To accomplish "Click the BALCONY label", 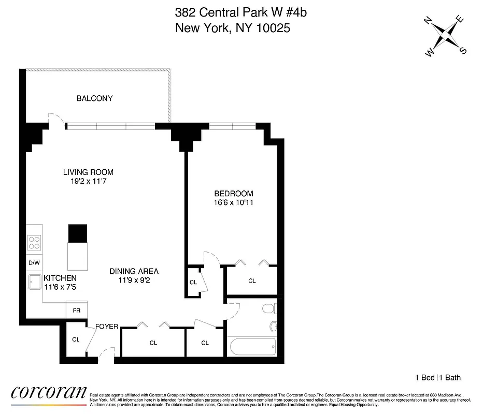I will pos(94,98).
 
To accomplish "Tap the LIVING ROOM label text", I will pos(88,172).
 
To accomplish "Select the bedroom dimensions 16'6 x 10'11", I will pos(233,202).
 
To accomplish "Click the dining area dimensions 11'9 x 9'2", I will pos(134,280).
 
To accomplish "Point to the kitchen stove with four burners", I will pos(35,243).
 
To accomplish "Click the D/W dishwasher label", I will pos(34,263).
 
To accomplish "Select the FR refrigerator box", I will pos(76,310).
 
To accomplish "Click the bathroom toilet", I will pos(268,309).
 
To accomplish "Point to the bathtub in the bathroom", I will pos(252,346).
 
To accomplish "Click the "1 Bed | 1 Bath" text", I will pos(437,378).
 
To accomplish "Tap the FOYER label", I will pos(107,327).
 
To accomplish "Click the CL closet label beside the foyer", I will pos(76,340).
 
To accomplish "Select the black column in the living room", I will pos(78,233).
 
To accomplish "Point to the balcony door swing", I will pos(54,119).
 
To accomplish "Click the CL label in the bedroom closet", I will pos(252,281).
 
